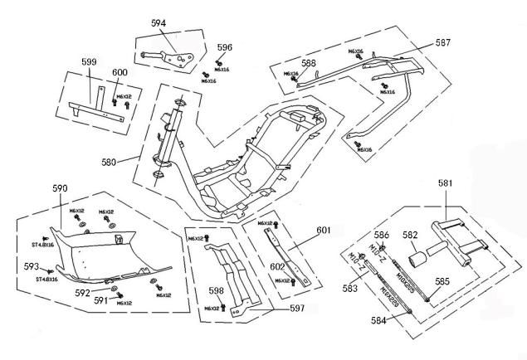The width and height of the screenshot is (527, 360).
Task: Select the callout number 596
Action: (x=225, y=47)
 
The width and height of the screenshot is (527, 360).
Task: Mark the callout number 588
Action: (x=309, y=63)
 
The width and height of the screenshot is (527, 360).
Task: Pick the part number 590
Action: (x=59, y=190)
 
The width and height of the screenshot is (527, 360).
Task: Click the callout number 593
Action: (x=31, y=266)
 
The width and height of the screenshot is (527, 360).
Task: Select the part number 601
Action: (x=323, y=231)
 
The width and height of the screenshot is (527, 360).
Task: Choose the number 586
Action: (x=380, y=236)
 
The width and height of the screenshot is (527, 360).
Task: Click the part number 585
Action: (x=442, y=282)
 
